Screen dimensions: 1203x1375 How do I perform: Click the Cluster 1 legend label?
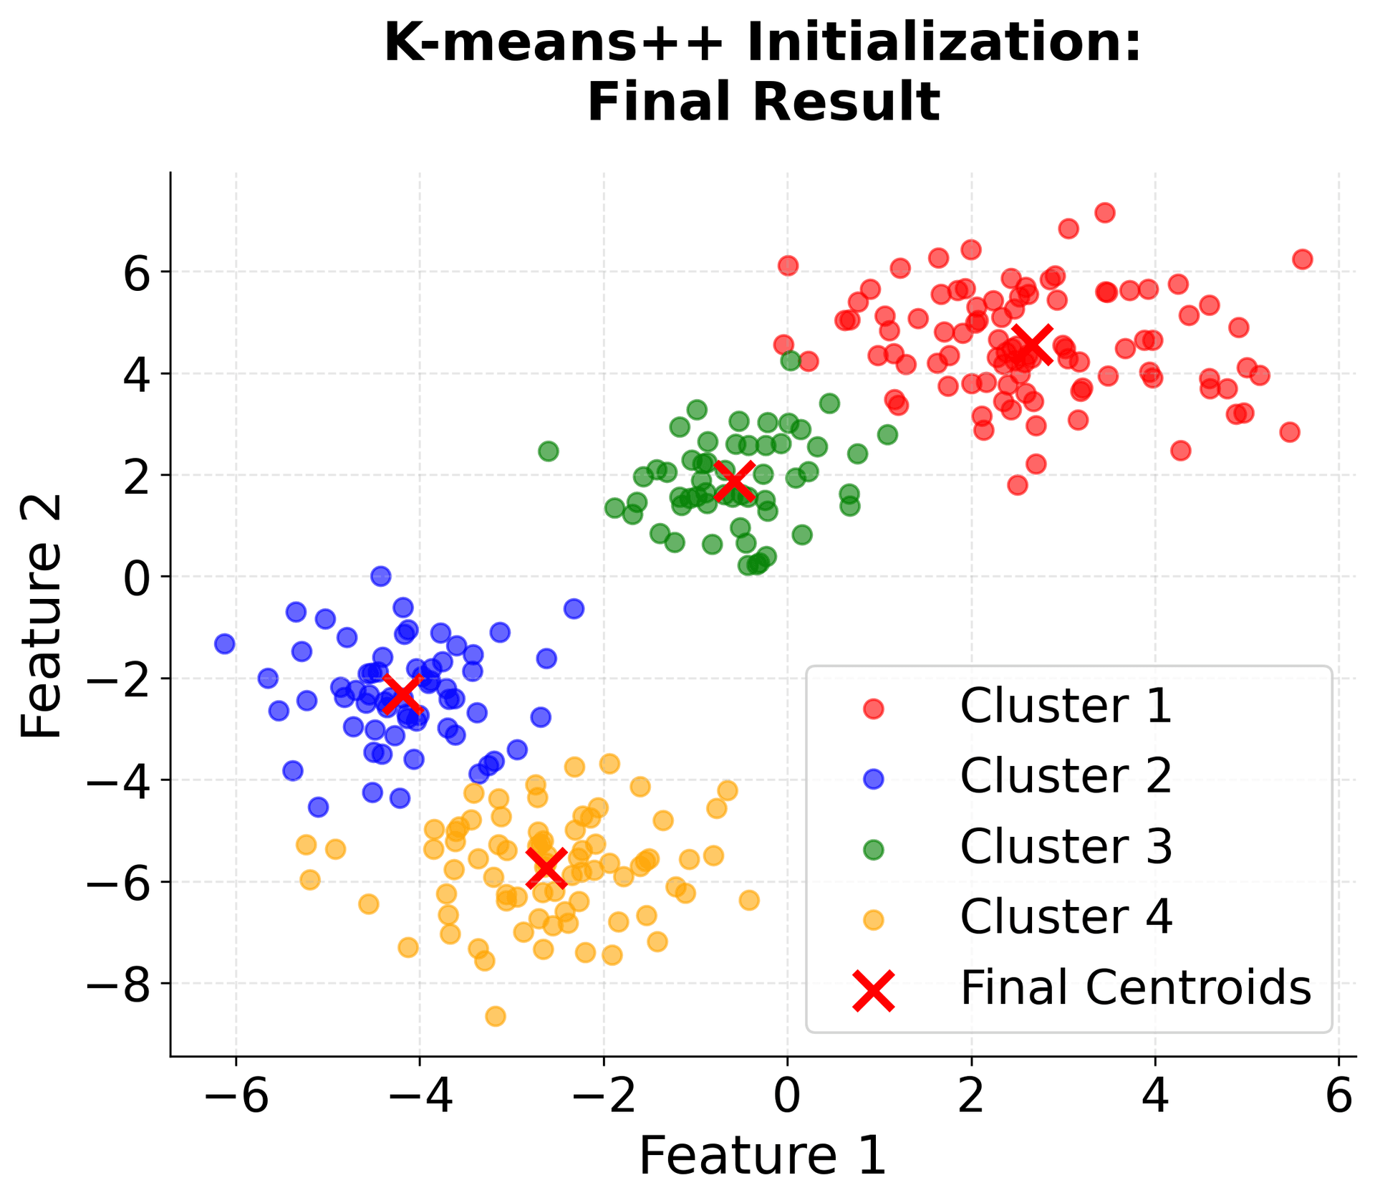coord(1066,706)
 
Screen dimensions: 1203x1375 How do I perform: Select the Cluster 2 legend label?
coord(1066,777)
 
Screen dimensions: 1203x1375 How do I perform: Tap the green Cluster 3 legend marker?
coord(874,849)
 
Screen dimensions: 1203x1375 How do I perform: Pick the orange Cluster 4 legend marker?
coord(874,919)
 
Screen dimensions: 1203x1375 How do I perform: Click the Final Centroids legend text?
coord(1135,988)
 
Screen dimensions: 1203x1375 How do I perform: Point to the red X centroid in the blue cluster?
coord(402,694)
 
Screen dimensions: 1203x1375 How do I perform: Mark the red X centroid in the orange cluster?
coord(546,868)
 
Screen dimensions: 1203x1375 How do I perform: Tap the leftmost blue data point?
coord(225,643)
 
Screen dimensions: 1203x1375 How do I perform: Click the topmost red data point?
coord(1105,213)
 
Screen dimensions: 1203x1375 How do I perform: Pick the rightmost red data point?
coord(1303,259)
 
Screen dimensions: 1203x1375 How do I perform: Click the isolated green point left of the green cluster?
coord(549,451)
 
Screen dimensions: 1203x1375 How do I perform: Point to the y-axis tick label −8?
coord(118,984)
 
